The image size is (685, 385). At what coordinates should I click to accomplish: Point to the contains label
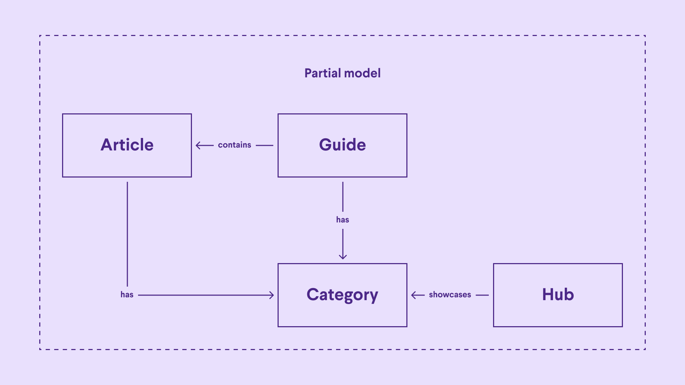(234, 145)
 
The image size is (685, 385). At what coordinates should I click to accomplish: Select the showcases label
(450, 295)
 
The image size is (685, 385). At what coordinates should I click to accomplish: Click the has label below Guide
(342, 220)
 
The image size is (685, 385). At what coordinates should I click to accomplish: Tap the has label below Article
(127, 295)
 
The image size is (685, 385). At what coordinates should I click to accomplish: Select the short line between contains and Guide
(264, 145)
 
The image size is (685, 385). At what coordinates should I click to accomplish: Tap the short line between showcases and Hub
(482, 295)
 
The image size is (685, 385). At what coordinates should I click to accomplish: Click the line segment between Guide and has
(343, 197)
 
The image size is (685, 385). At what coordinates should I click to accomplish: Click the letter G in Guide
(326, 145)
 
